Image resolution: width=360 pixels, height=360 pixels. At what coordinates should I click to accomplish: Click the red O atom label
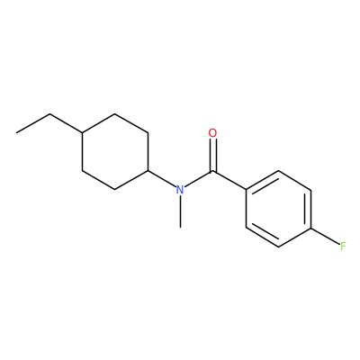point(212,133)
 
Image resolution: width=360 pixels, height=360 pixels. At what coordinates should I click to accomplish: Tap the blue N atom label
point(180,190)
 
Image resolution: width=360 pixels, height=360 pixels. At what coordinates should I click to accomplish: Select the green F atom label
point(343,247)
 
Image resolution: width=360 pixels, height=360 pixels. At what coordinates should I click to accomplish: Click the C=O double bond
point(212,155)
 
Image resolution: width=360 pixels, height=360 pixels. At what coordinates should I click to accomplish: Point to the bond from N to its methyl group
point(180,211)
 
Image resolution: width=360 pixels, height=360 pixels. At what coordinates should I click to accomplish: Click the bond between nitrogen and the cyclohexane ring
point(161,179)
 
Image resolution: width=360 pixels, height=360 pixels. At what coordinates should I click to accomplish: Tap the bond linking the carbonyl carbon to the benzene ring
point(229,180)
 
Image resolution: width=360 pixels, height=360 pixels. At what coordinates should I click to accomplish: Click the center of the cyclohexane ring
point(115,151)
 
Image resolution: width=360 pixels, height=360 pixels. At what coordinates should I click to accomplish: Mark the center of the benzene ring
point(279,209)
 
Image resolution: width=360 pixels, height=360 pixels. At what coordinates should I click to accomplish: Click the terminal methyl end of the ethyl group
point(17,132)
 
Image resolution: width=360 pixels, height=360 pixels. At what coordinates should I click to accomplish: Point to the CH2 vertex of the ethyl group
point(49,114)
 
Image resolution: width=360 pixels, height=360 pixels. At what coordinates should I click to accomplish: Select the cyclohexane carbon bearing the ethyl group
point(83,132)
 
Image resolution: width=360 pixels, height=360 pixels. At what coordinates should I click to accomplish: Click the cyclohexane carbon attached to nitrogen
point(148,171)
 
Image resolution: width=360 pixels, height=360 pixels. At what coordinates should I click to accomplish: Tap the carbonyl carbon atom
point(212,171)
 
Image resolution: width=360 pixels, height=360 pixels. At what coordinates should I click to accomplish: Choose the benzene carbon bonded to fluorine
point(311,228)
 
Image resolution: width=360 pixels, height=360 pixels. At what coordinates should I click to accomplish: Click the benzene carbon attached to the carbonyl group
point(247,190)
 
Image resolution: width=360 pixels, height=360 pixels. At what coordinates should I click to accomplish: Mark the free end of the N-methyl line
point(180,228)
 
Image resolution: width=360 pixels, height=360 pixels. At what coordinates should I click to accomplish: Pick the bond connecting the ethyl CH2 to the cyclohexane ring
point(66,123)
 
